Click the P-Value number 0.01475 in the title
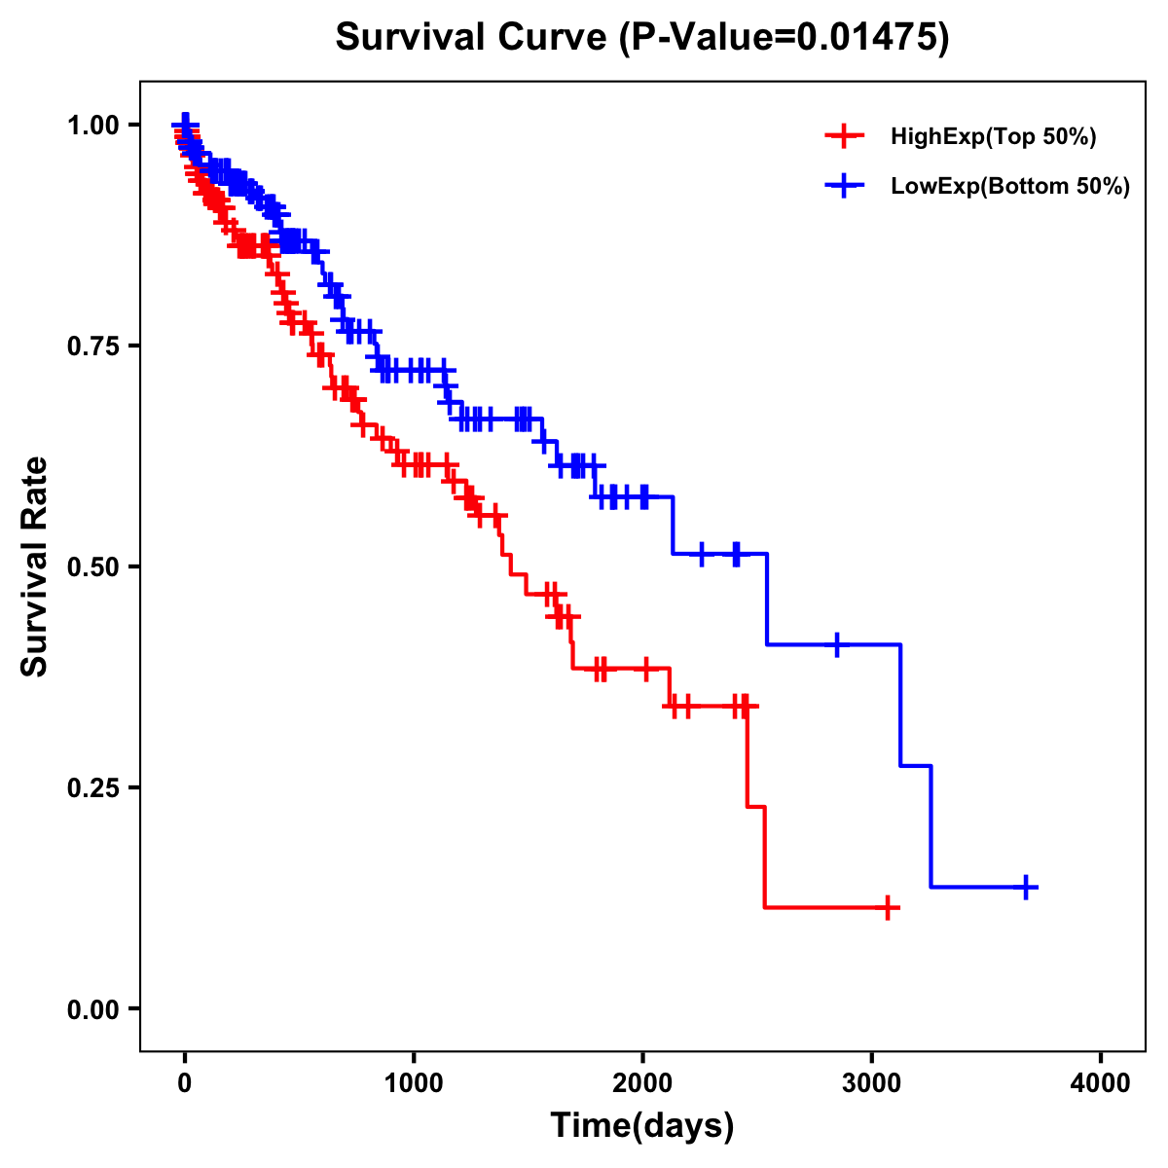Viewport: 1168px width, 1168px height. pos(868,38)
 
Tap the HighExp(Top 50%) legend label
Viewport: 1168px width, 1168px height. pos(993,137)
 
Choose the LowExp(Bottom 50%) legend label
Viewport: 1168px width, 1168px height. pos(1010,187)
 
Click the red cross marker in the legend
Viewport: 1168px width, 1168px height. pos(845,137)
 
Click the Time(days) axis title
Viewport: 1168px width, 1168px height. pos(642,1126)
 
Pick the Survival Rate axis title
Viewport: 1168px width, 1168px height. pos(35,566)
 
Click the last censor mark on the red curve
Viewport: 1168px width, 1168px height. pos(887,908)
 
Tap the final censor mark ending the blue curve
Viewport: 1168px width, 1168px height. pos(1026,887)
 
